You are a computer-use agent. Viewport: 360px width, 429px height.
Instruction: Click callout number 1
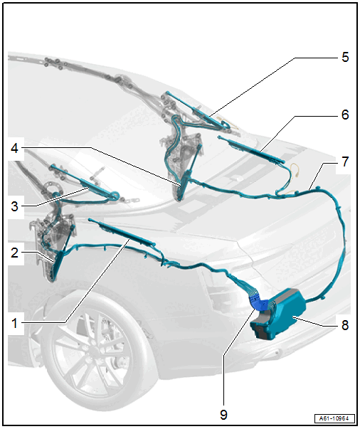(x=14, y=323)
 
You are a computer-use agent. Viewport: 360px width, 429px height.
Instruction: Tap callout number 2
(x=14, y=253)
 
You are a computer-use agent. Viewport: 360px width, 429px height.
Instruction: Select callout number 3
(x=14, y=206)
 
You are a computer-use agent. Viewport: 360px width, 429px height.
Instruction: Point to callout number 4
(x=14, y=148)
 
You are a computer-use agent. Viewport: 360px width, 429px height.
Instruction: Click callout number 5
(x=345, y=57)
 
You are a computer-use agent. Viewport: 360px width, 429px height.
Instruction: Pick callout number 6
(x=345, y=115)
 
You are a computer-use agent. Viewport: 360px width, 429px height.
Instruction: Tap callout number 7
(x=345, y=161)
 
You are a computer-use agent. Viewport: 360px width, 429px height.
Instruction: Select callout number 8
(x=345, y=325)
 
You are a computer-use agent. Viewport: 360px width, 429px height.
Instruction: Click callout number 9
(x=223, y=415)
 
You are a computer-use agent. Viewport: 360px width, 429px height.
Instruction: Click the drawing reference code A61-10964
(x=334, y=418)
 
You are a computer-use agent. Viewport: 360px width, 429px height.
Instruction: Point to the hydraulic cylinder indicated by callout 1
(x=122, y=232)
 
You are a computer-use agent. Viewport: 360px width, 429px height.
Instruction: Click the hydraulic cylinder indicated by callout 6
(x=251, y=149)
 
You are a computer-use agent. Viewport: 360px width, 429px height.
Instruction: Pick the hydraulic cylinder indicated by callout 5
(x=198, y=110)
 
